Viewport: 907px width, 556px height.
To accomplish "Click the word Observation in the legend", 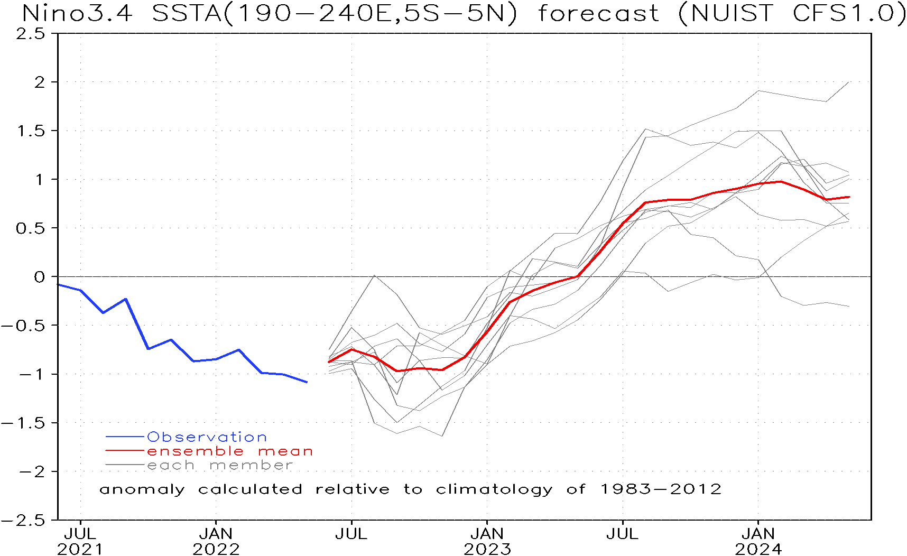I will pyautogui.click(x=207, y=437).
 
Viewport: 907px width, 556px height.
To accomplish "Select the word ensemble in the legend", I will pyautogui.click(x=195, y=451).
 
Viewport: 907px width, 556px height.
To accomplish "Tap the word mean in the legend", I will pyautogui.click(x=285, y=451).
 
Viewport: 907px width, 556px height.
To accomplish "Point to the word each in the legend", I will pyautogui.click(x=171, y=466).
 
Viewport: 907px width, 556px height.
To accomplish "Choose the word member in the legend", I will pyautogui.click(x=251, y=466).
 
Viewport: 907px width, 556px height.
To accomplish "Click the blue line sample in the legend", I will pyautogui.click(x=125, y=437).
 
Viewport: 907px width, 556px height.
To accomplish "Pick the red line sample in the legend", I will pyautogui.click(x=125, y=451).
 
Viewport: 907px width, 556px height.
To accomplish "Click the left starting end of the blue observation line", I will pyautogui.click(x=59, y=285).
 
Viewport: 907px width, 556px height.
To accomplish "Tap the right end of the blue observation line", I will pyautogui.click(x=307, y=382).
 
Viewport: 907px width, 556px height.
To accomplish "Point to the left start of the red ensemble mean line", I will pyautogui.click(x=329, y=362).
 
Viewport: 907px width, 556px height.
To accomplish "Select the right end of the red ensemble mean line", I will pyautogui.click(x=849, y=197).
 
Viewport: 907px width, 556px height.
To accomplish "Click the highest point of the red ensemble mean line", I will pyautogui.click(x=781, y=181).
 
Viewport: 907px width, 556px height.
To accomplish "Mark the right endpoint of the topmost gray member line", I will pyautogui.click(x=849, y=82).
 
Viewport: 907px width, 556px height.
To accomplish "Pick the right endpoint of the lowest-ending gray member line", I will pyautogui.click(x=849, y=306).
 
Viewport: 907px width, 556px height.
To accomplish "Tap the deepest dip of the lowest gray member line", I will pyautogui.click(x=442, y=436).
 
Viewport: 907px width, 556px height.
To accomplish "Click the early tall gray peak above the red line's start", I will pyautogui.click(x=374, y=275).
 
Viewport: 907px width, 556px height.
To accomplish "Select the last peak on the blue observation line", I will pyautogui.click(x=239, y=349).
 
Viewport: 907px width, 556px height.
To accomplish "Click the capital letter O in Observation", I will pyautogui.click(x=153, y=437).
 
